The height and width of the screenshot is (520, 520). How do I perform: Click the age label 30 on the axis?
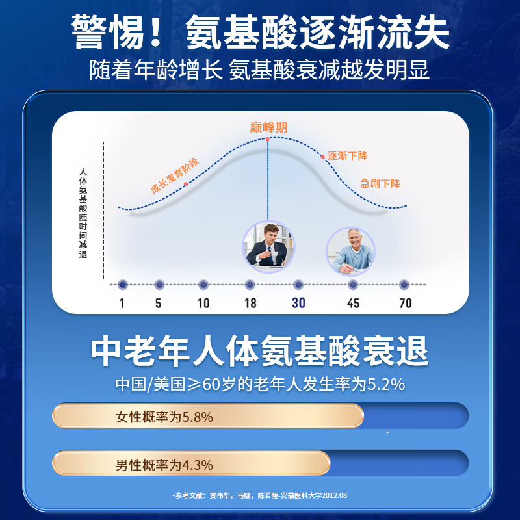pos(298,303)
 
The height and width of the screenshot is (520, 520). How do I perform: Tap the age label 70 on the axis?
pos(404,303)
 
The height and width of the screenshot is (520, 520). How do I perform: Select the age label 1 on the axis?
pos(122,303)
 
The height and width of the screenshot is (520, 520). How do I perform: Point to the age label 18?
pos(250,303)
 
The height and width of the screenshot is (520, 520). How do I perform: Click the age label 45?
pos(352,303)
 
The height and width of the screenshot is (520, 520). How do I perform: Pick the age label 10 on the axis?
pos(203,303)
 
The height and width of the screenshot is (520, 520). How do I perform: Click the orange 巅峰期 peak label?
pos(268,127)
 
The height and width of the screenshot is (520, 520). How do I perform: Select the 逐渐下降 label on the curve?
pos(348,156)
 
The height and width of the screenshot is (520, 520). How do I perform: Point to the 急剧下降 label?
pos(380,183)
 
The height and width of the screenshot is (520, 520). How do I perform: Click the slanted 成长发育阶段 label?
pos(174,176)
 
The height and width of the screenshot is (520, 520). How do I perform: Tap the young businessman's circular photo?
pos(268,246)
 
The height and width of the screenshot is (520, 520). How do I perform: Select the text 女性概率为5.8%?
pos(164,417)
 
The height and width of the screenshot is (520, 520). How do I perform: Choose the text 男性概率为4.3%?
pos(164,465)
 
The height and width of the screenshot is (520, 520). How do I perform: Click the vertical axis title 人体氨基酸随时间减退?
pos(83,213)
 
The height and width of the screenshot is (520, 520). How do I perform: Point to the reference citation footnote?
pos(259,495)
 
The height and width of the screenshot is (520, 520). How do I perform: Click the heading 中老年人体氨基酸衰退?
pos(259,352)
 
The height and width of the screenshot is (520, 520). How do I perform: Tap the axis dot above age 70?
pos(404,285)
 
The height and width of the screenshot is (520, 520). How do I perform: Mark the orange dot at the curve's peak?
pos(267,139)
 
